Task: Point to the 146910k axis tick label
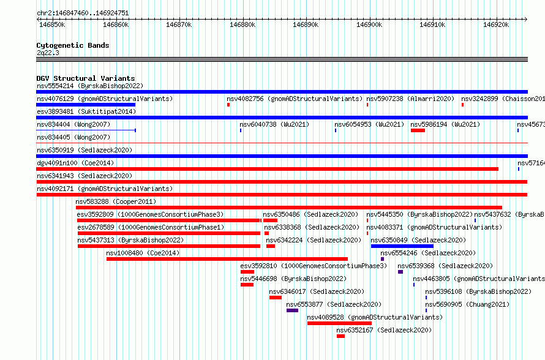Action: click(432, 24)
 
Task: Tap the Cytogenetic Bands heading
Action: click(73, 45)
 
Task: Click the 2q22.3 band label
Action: click(48, 53)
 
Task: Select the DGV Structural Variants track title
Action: click(86, 78)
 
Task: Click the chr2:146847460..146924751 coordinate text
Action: click(83, 13)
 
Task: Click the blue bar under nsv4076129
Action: click(86, 105)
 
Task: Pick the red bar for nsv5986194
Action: click(418, 130)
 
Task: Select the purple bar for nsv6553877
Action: click(292, 310)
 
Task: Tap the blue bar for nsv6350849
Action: click(402, 246)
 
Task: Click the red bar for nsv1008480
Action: click(227, 259)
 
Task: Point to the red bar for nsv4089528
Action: click(340, 323)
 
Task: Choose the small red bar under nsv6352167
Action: click(340, 336)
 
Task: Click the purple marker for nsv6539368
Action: click(400, 272)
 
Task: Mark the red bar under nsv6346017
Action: click(276, 298)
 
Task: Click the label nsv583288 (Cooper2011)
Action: click(116, 201)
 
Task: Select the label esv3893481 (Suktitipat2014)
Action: click(86, 111)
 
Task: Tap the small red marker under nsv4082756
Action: click(228, 105)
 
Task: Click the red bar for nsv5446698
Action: click(247, 285)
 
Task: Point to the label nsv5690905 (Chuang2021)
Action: click(467, 304)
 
